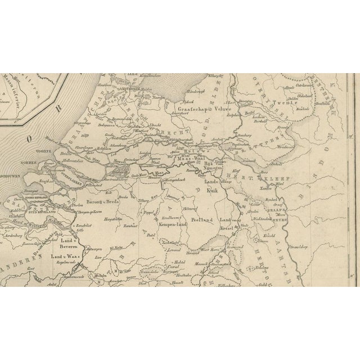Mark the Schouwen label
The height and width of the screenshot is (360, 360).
click(x=12, y=175)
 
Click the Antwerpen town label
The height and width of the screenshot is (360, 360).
click(x=94, y=247)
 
